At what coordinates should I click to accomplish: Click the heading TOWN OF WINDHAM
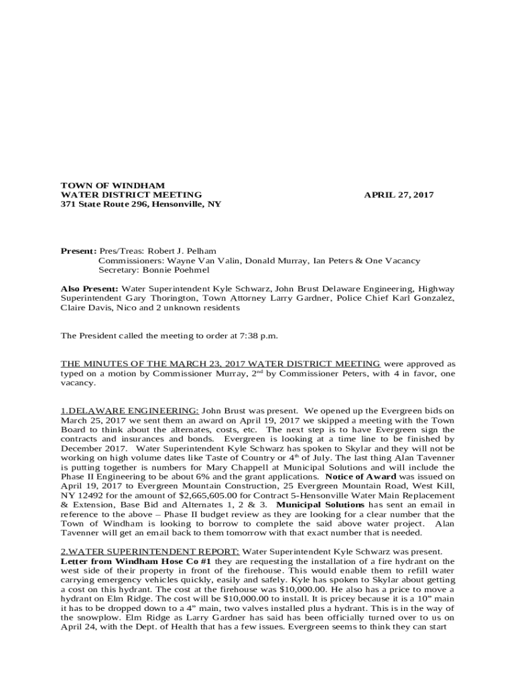(x=113, y=185)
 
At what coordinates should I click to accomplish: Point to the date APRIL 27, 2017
(x=399, y=195)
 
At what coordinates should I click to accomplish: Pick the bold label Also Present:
(x=89, y=289)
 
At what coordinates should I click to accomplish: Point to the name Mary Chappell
(x=244, y=467)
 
